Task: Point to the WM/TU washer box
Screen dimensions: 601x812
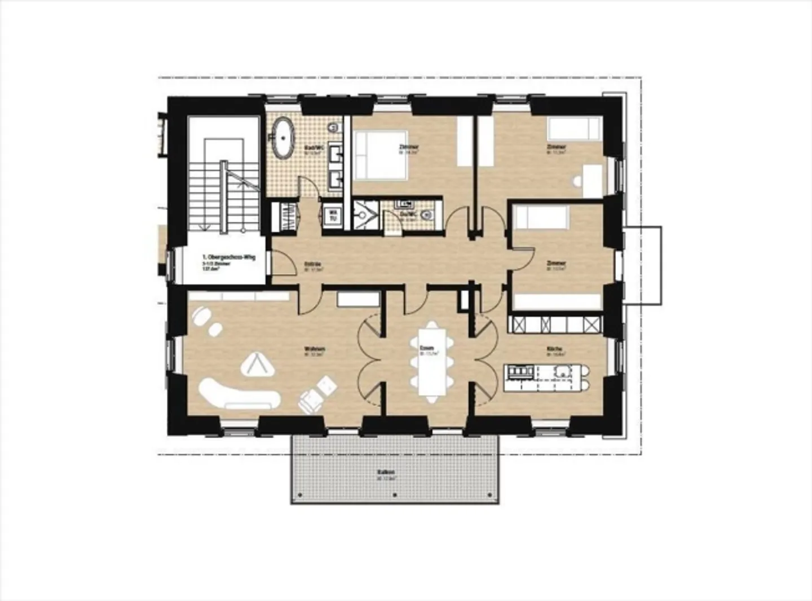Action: pyautogui.click(x=333, y=215)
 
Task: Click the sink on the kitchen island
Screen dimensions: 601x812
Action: pyautogui.click(x=562, y=371)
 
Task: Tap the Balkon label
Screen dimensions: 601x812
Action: pyautogui.click(x=386, y=473)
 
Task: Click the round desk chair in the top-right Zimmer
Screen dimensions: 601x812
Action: pyautogui.click(x=576, y=182)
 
